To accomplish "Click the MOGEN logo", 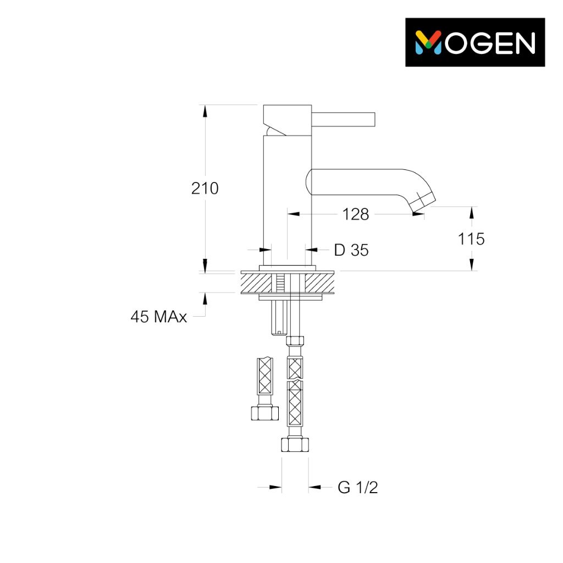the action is (x=474, y=42).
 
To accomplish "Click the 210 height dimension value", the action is (x=205, y=188).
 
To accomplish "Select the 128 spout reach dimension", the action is (x=356, y=214).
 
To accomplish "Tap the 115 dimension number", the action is (x=471, y=239).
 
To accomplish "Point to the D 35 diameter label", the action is (x=351, y=250).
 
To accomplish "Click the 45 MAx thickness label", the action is (x=159, y=317).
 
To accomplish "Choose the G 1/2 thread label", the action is (x=357, y=488).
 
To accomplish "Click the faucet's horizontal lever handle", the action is (x=343, y=119).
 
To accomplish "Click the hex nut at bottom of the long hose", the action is (x=295, y=444).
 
